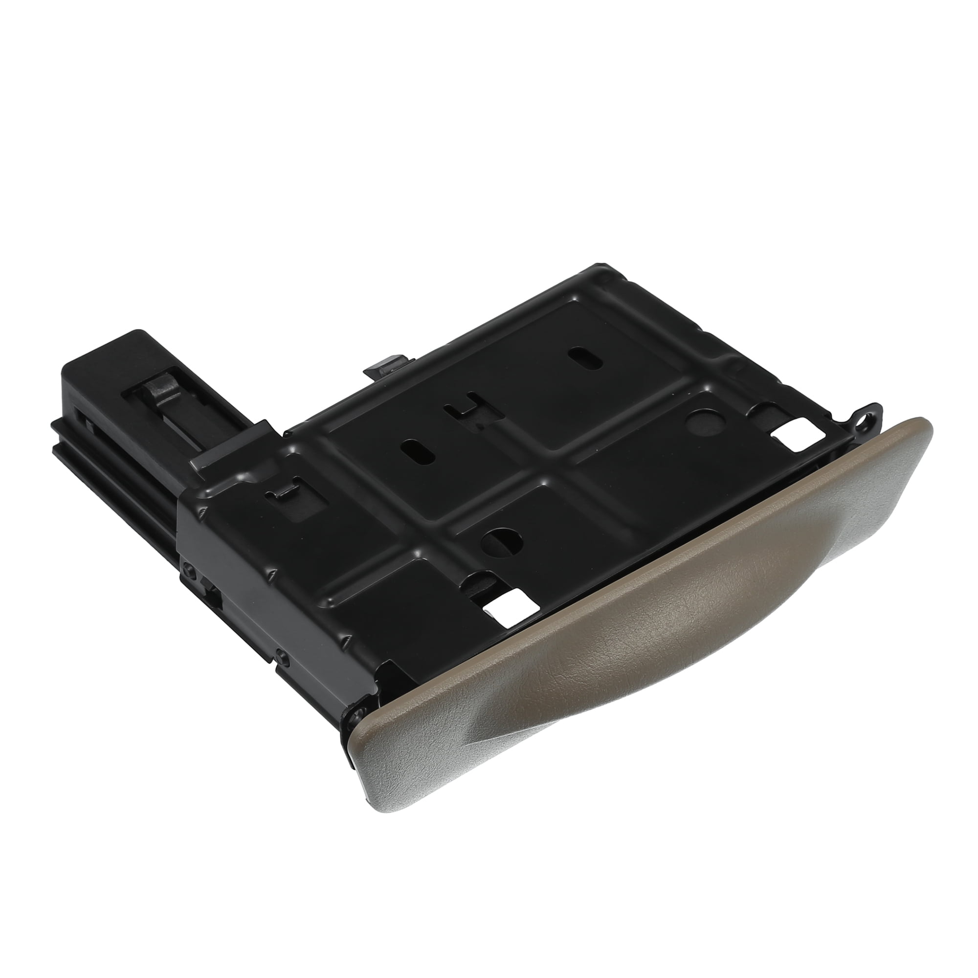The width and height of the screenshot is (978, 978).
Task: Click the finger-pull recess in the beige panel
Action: [633, 653]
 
